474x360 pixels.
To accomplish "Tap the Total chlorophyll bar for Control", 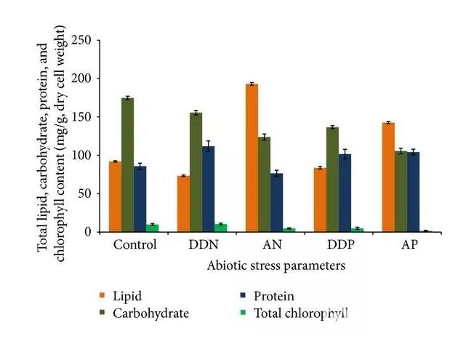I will coord(153,228).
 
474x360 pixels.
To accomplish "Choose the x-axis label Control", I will coord(134,244).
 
